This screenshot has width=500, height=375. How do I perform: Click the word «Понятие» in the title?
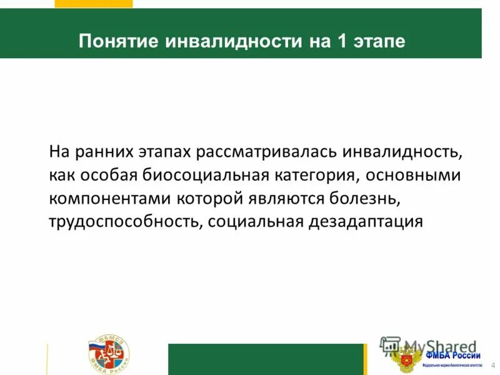click(119, 42)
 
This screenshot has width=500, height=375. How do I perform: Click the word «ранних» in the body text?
click(101, 152)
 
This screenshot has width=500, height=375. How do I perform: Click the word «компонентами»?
click(103, 199)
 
